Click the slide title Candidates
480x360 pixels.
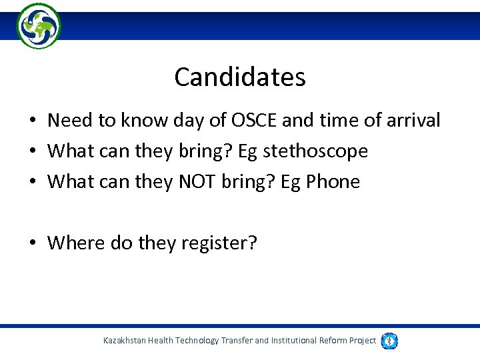tap(240, 77)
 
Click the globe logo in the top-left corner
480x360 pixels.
tap(39, 26)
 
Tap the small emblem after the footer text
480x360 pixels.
tap(390, 341)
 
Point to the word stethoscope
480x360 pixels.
tap(315, 151)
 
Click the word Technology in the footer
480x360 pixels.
tap(195, 341)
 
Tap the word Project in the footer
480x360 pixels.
tap(363, 341)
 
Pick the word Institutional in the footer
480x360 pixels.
tap(293, 341)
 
